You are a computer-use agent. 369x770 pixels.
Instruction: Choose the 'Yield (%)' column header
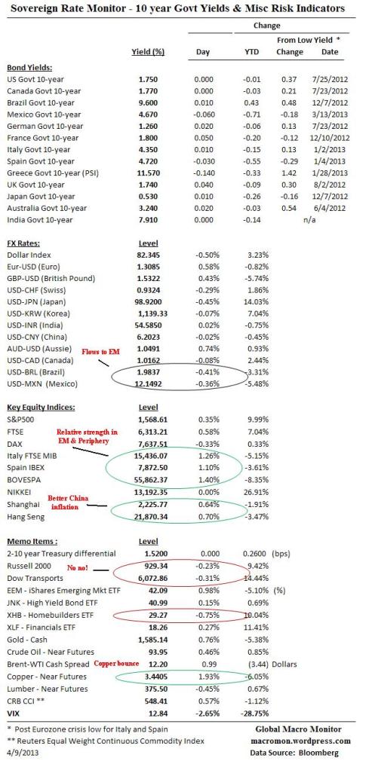[148, 52]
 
